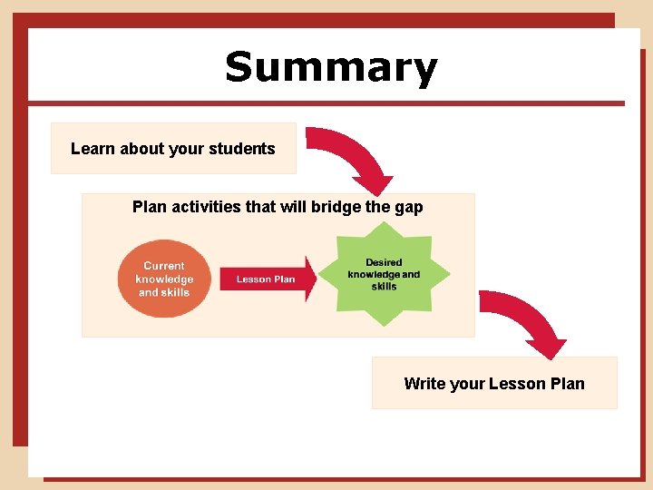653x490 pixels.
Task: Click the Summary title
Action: click(331, 68)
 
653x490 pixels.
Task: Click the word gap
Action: click(407, 208)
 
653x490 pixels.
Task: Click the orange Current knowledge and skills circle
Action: click(164, 279)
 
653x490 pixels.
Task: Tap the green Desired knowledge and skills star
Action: click(385, 275)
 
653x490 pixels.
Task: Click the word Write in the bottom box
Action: click(424, 384)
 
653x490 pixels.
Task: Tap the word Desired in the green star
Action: click(384, 262)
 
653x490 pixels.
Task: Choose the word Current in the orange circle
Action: click(164, 267)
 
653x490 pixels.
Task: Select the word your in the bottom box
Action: click(467, 384)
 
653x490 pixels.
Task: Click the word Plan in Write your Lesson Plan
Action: click(567, 384)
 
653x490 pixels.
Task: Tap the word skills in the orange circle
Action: click(176, 292)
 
